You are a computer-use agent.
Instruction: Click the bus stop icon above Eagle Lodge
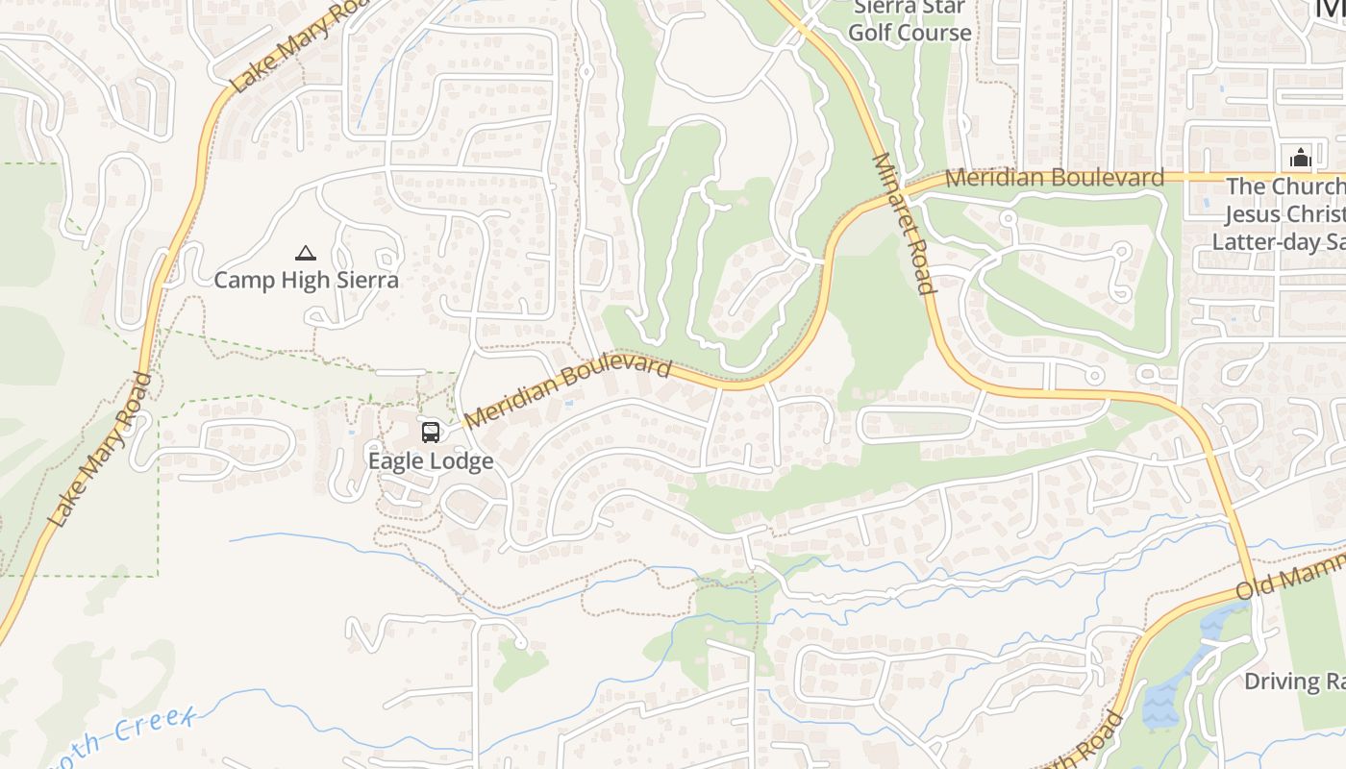click(431, 432)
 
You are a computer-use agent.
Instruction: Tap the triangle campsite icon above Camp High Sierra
click(306, 254)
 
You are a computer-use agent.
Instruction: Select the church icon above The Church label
click(1300, 158)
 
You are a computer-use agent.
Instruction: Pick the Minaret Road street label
click(904, 223)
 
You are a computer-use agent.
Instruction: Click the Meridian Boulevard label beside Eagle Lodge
click(567, 392)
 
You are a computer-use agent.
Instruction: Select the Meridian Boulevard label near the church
click(1054, 178)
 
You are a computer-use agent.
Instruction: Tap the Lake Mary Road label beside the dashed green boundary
click(100, 450)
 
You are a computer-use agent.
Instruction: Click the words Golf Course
click(910, 33)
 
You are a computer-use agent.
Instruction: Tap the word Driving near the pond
click(1283, 682)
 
